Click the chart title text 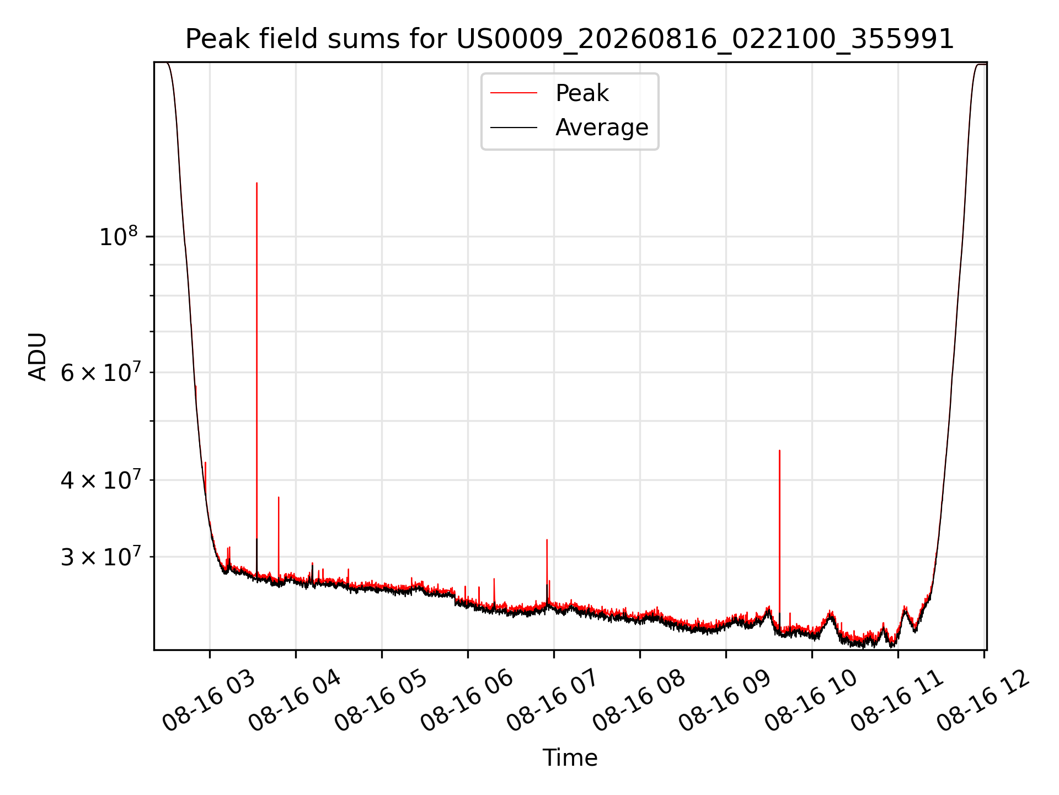pos(570,39)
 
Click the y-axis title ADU pos(38,357)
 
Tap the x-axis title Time pos(570,758)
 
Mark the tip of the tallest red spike pos(256,183)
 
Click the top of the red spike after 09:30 pos(779,451)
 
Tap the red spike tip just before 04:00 pos(279,497)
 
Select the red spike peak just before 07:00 pos(547,540)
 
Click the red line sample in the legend pos(514,93)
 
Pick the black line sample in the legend pos(514,128)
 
